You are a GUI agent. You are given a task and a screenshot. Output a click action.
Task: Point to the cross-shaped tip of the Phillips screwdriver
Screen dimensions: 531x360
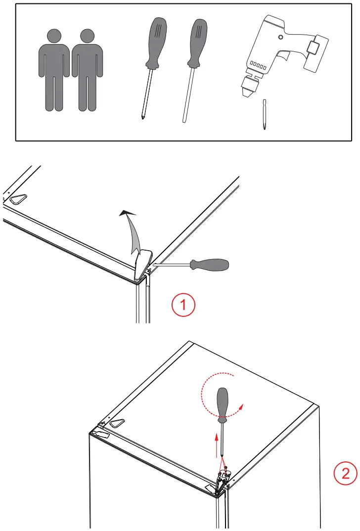tap(142, 117)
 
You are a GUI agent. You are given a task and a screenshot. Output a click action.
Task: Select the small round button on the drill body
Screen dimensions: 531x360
tap(281, 38)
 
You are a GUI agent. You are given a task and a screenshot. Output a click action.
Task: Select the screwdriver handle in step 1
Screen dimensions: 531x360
tap(210, 265)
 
